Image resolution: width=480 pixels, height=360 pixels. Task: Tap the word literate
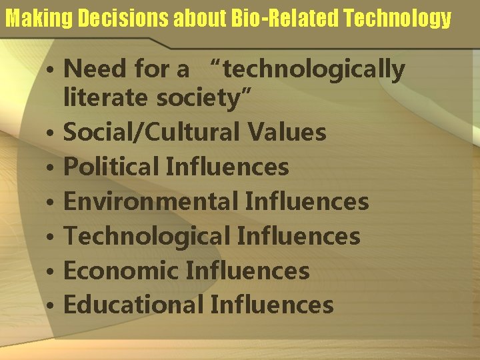click(x=107, y=98)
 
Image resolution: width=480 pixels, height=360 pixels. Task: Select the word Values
click(x=287, y=132)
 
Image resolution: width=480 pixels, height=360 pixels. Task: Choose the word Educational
click(x=133, y=305)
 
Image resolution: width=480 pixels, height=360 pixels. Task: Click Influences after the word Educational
click(x=271, y=305)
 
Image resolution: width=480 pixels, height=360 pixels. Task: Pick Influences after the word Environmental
click(x=307, y=201)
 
